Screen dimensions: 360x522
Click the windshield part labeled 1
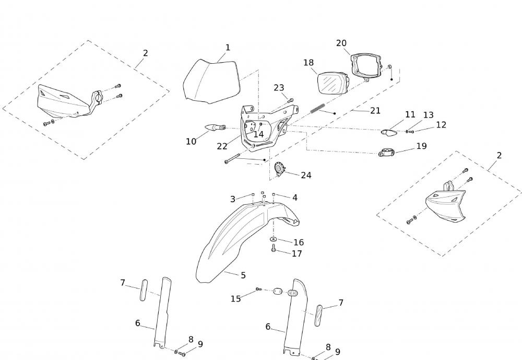click(211, 81)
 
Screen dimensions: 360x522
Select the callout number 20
click(341, 43)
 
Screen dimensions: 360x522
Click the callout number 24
click(306, 175)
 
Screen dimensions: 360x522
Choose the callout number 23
click(279, 88)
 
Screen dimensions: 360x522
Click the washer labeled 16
click(274, 239)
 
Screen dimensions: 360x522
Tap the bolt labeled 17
click(274, 249)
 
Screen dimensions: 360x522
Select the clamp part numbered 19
click(386, 153)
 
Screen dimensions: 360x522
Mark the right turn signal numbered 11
click(389, 132)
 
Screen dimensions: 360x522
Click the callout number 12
click(441, 125)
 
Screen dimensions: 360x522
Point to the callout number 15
click(236, 299)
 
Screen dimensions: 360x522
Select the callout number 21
click(375, 111)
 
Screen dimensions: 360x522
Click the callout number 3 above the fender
click(233, 199)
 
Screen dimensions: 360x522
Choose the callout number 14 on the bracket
click(258, 134)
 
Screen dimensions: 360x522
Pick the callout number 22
click(222, 146)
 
